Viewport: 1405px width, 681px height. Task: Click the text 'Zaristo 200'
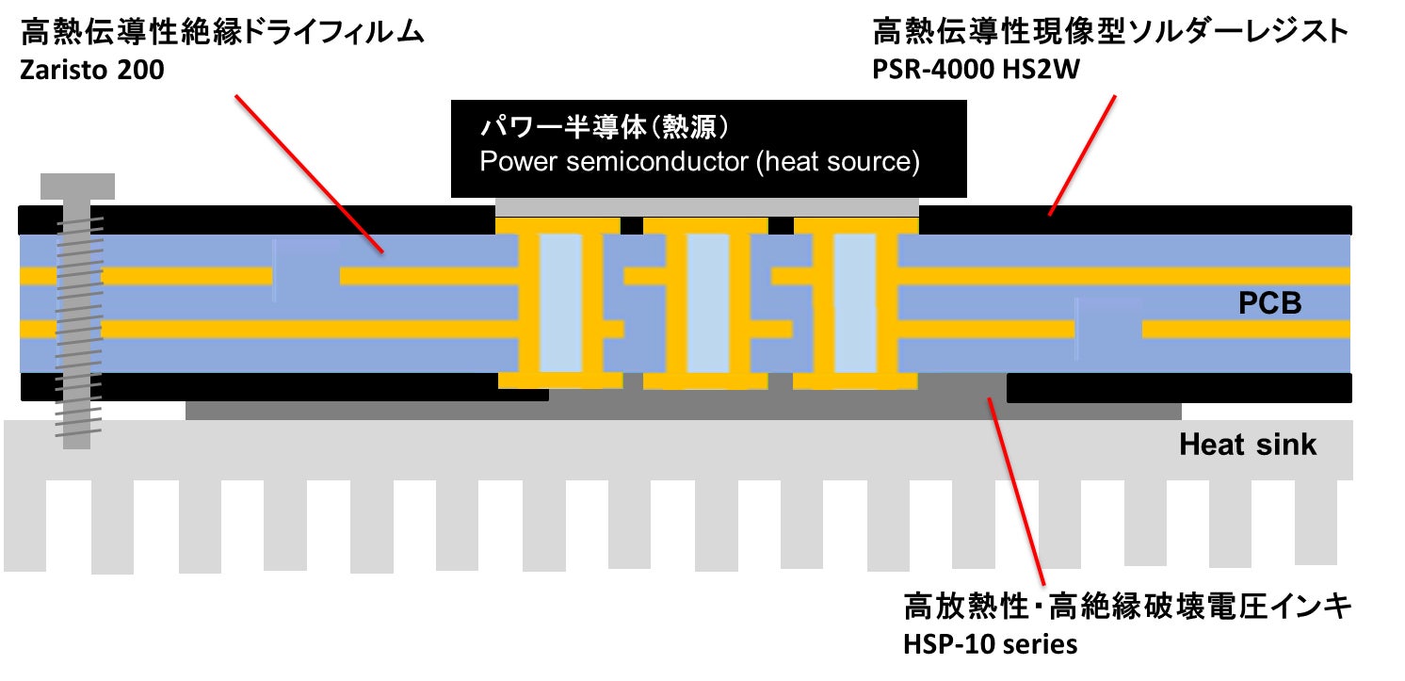tap(92, 70)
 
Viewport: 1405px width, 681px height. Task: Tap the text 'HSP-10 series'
tap(990, 644)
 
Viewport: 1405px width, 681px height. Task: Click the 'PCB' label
tap(1269, 304)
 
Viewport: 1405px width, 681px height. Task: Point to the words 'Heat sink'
tap(1247, 445)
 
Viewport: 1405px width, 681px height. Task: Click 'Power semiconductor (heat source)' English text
tap(700, 161)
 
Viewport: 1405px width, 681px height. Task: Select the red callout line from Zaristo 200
tap(308, 173)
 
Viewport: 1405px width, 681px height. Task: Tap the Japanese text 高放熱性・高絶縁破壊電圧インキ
tap(1126, 607)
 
